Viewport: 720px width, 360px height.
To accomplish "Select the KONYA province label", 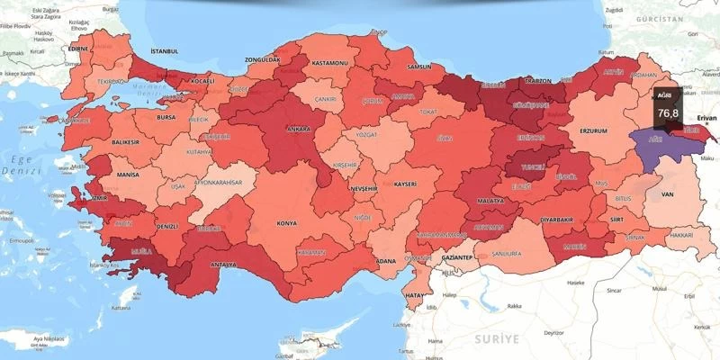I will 287,222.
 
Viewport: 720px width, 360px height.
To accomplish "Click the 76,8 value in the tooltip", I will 668,114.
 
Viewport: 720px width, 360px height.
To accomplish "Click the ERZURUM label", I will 594,130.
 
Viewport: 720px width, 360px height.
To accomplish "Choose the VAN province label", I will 668,193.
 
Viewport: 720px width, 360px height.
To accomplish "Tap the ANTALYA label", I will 223,265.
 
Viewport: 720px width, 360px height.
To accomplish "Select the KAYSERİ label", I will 405,184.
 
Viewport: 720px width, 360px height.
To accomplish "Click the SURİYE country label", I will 495,338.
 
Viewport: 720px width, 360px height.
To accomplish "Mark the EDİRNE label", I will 81,49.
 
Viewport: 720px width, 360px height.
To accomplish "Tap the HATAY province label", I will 414,294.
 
